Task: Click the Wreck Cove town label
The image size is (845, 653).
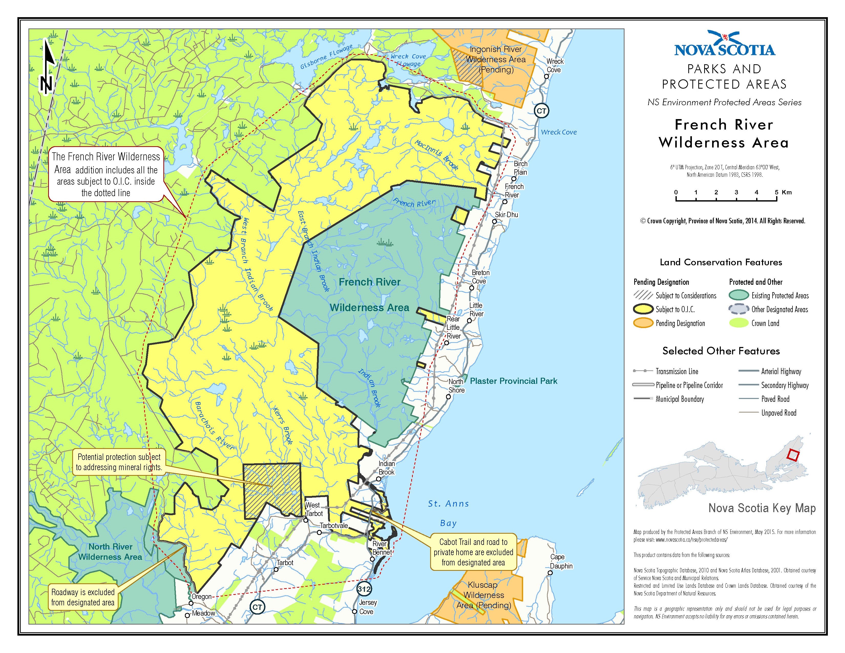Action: tap(554, 65)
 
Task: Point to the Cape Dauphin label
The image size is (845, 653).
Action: tap(561, 561)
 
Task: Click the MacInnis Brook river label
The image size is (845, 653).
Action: tap(436, 155)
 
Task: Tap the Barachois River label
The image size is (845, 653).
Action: tap(214, 426)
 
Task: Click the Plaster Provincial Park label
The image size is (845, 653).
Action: tap(513, 381)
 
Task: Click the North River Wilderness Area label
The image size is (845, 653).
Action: tap(110, 552)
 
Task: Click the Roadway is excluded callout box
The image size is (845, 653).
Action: tap(83, 597)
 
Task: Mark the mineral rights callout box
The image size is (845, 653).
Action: tap(119, 462)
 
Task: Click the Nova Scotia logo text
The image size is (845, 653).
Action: tap(725, 49)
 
